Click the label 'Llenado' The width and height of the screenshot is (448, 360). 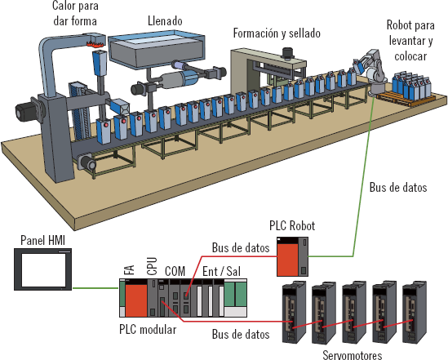coord(165,21)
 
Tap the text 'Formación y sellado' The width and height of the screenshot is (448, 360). coord(277,33)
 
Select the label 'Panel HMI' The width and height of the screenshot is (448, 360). coord(43,241)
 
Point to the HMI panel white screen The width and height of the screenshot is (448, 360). coord(44,270)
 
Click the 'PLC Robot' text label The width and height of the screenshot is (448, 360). coord(292,225)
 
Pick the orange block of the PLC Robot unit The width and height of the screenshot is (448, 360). coord(288,260)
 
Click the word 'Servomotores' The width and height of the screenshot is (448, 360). coord(353,355)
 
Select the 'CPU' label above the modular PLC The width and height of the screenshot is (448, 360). coord(152,266)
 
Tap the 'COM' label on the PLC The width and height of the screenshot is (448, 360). coord(175,271)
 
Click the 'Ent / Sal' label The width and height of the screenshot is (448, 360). coord(221,271)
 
